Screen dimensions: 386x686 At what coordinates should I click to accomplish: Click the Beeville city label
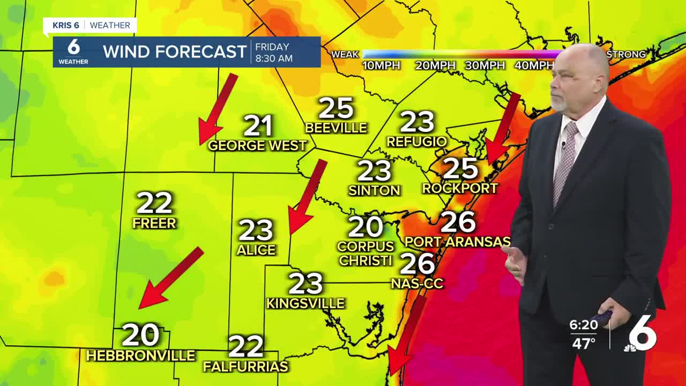coord(336,128)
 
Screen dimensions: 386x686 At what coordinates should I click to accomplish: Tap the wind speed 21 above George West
coord(258,126)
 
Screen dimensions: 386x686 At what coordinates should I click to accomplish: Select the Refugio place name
coord(416,142)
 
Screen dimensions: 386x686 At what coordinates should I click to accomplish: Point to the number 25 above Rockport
coord(460,169)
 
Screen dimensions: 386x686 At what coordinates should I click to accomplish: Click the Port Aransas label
coord(457,242)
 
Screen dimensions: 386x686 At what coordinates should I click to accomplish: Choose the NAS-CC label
coord(417,284)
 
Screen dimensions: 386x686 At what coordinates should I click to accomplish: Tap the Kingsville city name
coord(305,303)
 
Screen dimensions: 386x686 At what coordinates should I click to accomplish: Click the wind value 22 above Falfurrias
coord(246,346)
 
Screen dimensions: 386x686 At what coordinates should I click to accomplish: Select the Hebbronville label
coord(140,355)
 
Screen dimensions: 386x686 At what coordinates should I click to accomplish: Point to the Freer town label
coord(154,222)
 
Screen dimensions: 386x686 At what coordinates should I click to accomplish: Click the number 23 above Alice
coord(256,231)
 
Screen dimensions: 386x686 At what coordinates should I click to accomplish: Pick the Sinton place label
coord(374,190)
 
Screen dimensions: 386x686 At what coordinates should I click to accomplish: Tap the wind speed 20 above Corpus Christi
coord(366,227)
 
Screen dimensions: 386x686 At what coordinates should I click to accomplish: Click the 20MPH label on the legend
coord(435,65)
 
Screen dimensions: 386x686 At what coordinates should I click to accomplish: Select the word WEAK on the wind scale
coord(345,54)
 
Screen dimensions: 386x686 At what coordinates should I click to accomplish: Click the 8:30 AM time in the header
coord(274,58)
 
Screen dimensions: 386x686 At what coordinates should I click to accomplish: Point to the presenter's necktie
coord(565,161)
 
